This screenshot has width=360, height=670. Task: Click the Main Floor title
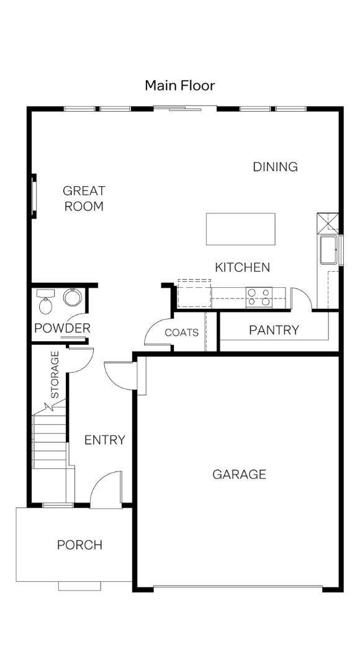click(x=179, y=86)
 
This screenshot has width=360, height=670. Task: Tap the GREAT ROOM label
click(x=84, y=199)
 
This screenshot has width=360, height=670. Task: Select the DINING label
click(x=276, y=167)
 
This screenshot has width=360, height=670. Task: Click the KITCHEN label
click(x=243, y=267)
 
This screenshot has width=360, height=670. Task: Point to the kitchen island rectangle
click(x=241, y=229)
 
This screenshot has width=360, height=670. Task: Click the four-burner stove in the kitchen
click(x=259, y=297)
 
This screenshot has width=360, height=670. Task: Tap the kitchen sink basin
click(x=329, y=250)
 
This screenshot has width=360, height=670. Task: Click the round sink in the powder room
click(x=72, y=297)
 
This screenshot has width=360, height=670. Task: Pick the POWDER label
click(x=63, y=328)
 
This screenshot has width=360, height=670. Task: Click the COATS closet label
click(x=182, y=333)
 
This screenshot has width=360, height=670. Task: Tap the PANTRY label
click(x=274, y=330)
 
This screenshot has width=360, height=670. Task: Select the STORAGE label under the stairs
click(x=55, y=375)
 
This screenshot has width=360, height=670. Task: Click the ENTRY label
click(x=105, y=440)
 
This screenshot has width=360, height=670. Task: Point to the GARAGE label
click(x=240, y=475)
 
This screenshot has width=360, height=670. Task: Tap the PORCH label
click(x=80, y=545)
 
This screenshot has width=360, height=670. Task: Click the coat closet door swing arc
click(x=152, y=328)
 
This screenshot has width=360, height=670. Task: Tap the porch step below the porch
click(x=79, y=586)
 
